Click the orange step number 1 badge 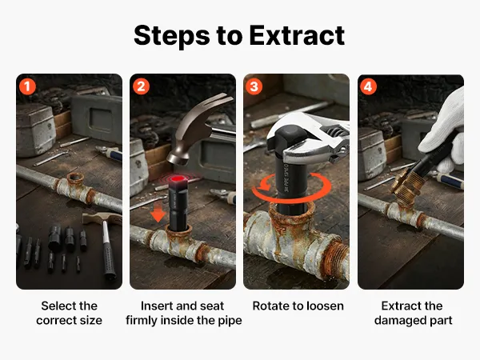(27, 86)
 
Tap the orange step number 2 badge (141, 86)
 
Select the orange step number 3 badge (254, 86)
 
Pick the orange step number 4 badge (368, 86)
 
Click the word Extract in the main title (297, 35)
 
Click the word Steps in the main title (172, 36)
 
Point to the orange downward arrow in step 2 (158, 213)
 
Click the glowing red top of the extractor (177, 180)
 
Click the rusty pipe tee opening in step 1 (75, 178)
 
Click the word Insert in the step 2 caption (154, 306)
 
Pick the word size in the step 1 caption (91, 320)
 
